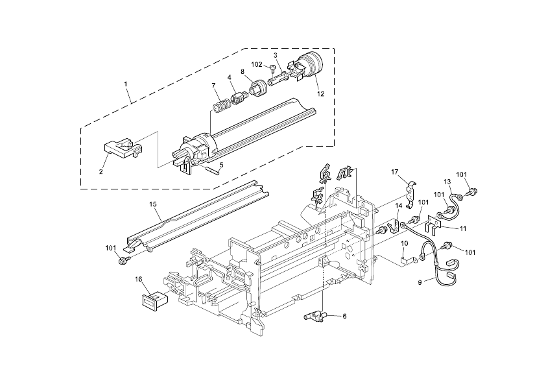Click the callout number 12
coord(320,93)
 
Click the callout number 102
coord(257,65)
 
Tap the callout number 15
coord(154,204)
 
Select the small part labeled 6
coord(316,317)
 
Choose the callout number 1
coord(125,84)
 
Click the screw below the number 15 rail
coord(122,260)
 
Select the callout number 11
coord(463,228)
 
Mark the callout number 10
coord(404,243)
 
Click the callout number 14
coord(399,206)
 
